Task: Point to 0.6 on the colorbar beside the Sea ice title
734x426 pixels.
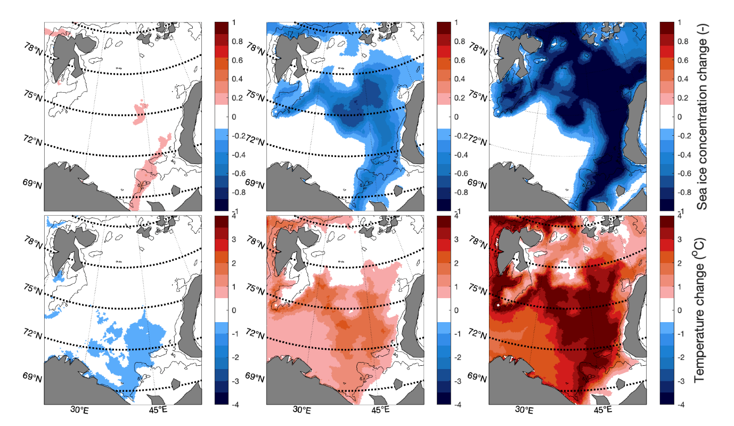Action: click(x=684, y=60)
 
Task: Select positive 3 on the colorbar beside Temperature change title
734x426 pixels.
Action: click(x=684, y=240)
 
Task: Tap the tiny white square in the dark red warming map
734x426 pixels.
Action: click(x=498, y=305)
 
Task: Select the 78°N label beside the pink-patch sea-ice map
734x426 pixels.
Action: click(x=32, y=47)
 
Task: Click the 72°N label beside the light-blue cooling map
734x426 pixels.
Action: click(x=32, y=334)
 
